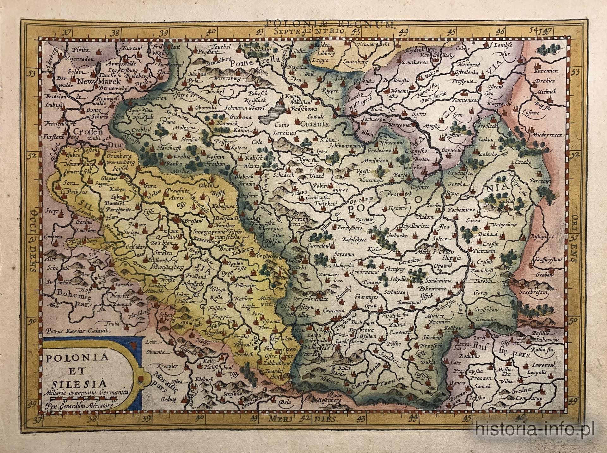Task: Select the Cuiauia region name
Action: [x=313, y=124]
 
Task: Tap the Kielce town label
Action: [x=375, y=249]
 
